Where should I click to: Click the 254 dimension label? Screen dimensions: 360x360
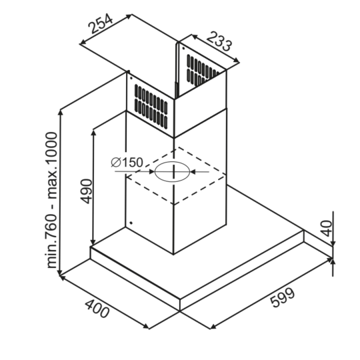pos(101,23)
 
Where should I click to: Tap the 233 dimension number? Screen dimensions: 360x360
pos(219,41)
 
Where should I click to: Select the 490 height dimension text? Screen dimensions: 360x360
pos(87,191)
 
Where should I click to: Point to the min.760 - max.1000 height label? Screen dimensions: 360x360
pos(51,200)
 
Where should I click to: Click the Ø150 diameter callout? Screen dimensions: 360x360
pos(127,163)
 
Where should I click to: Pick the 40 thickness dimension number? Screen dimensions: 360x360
pos(326,228)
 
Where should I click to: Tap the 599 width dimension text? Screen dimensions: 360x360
pos(282,297)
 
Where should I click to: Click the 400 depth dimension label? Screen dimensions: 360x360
pos(97,309)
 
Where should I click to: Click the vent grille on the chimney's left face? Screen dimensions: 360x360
pos(151,106)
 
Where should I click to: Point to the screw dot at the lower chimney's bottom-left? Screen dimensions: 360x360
pos(131,223)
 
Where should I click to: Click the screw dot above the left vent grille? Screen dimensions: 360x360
pos(131,78)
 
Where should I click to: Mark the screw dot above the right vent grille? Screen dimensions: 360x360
pos(184,48)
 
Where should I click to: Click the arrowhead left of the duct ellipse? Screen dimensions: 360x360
pos(151,171)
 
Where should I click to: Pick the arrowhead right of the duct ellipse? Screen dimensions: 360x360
pos(193,171)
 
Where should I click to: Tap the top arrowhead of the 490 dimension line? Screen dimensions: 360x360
pos(93,133)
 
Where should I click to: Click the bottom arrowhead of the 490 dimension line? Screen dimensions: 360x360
pos(93,242)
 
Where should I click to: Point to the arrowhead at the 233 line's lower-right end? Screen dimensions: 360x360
pos(236,61)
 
